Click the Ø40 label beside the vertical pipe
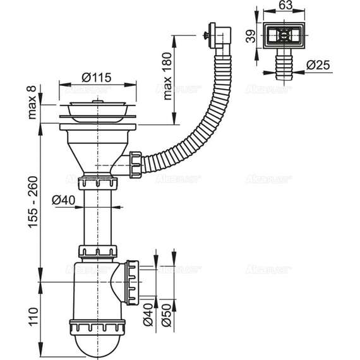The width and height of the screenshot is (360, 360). (x=64, y=200)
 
